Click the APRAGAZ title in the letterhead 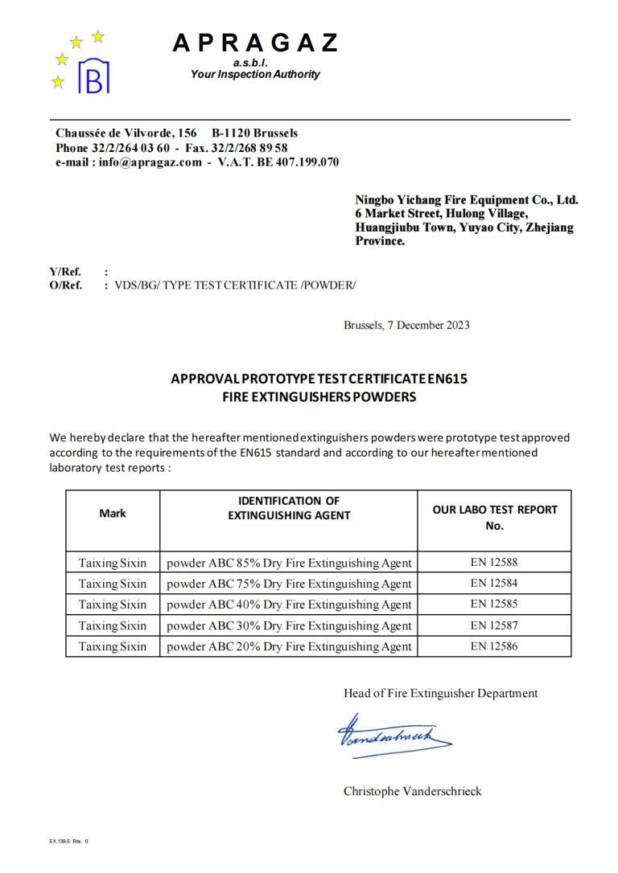(254, 43)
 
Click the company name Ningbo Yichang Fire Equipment (467, 199)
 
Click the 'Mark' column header (113, 513)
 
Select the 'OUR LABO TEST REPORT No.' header (494, 517)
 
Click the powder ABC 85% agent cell (289, 563)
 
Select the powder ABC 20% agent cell (289, 646)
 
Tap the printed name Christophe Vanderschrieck (412, 791)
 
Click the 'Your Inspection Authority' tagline (254, 74)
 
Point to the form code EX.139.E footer (68, 841)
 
